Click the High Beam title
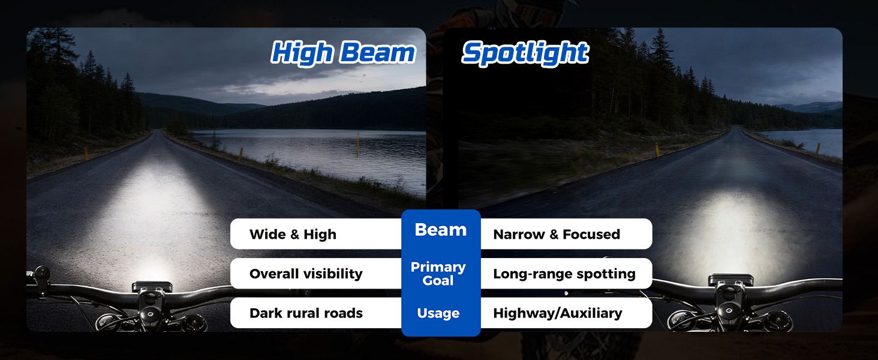(343, 53)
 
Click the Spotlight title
(525, 53)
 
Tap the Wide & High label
(293, 234)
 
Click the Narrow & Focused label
(557, 234)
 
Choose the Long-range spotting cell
(564, 274)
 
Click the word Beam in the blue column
(441, 230)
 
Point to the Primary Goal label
(438, 274)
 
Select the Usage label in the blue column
(438, 313)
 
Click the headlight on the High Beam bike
(152, 286)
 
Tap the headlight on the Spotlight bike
(730, 280)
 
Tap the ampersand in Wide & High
(294, 235)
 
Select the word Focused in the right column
(591, 234)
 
